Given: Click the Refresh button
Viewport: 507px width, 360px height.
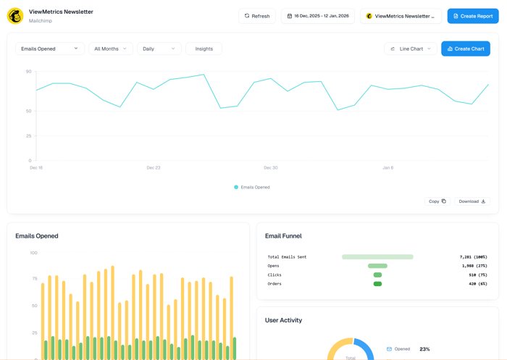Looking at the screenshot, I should point(257,16).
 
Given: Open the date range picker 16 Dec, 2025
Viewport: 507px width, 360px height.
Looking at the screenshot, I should point(318,16).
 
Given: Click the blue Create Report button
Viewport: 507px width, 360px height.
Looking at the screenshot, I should point(473,16).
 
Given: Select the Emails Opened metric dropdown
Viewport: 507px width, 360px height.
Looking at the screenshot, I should point(49,49).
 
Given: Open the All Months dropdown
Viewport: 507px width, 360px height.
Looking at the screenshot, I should point(110,49).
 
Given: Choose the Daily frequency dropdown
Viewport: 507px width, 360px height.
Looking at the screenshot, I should point(159,49).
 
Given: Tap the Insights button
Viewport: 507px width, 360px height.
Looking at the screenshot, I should point(204,49).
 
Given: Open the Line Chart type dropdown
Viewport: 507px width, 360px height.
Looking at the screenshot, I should point(411,49).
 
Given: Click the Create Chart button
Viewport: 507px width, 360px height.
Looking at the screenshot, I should point(466,49).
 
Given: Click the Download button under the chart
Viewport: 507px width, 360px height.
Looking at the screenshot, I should point(472,201).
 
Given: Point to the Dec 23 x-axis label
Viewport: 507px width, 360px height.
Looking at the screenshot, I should point(153,167).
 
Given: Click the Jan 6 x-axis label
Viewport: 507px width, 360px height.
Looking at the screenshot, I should point(387,167).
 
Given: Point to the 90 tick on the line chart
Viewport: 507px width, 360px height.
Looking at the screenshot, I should point(29,72).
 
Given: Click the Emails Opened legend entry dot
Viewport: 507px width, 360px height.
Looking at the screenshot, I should point(236,187).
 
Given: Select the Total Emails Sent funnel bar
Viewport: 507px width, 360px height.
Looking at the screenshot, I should point(377,257).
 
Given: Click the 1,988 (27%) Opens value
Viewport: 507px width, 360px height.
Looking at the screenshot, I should point(474,266).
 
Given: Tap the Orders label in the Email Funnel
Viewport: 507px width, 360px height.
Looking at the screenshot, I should point(275,284).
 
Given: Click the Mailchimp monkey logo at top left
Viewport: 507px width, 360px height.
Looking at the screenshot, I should point(15,16).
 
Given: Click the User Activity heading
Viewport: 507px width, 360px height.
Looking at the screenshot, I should point(283,320).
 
